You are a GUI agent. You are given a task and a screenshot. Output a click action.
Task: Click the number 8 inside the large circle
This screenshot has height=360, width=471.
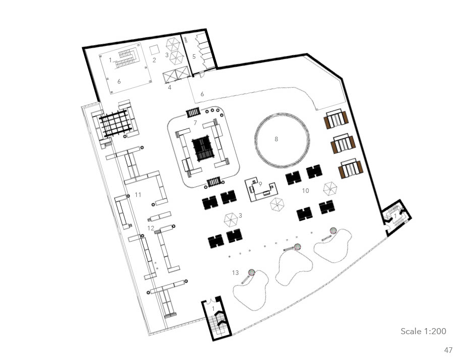click(x=276, y=139)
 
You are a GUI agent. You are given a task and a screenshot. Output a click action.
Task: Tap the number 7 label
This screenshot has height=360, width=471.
click(x=195, y=123)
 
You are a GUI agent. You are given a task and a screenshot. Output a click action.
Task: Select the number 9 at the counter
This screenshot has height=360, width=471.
click(x=260, y=184)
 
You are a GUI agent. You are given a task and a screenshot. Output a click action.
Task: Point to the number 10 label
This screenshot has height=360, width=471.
click(x=305, y=191)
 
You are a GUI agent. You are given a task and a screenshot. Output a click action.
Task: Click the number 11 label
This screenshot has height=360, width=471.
click(x=138, y=195)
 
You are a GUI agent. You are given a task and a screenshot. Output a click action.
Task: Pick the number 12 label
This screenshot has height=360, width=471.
click(x=151, y=228)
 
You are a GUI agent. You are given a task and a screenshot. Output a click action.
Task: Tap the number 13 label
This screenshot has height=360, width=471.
click(x=235, y=272)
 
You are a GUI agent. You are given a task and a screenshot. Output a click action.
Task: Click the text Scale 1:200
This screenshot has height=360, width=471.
click(x=423, y=331)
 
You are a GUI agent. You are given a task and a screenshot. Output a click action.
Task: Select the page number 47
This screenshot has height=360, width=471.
click(x=448, y=350)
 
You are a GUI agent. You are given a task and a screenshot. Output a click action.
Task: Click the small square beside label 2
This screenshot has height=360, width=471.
click(x=154, y=50)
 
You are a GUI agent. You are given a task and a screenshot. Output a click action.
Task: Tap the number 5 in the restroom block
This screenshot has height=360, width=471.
click(x=194, y=56)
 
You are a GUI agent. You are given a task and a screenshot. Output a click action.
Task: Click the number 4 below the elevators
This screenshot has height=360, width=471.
click(x=170, y=88)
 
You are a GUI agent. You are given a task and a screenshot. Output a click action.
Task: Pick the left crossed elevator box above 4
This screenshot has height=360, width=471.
click(x=170, y=76)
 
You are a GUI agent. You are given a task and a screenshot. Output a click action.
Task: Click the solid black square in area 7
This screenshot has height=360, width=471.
click(x=202, y=149)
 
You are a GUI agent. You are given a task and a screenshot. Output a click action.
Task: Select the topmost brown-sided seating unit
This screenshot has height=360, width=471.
click(x=336, y=119)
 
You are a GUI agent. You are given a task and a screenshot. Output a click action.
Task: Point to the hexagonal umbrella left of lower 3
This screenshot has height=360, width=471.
click(x=231, y=219)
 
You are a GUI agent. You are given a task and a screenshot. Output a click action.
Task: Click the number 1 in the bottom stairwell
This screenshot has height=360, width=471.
click(x=213, y=308)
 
